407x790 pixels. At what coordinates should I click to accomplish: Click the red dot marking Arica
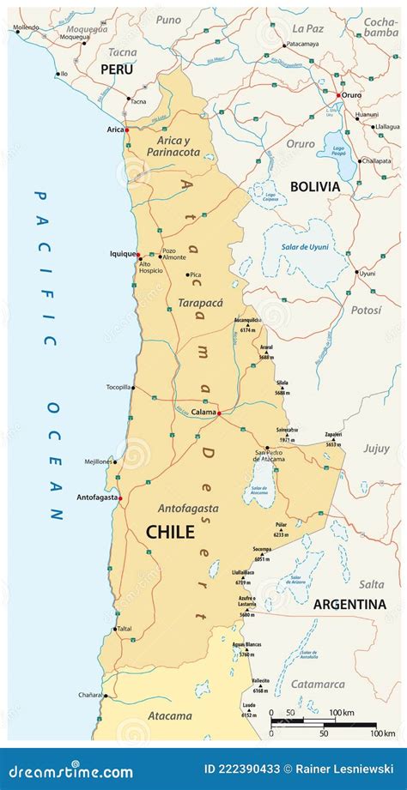pyautogui.click(x=126, y=130)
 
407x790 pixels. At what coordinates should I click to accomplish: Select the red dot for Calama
pyautogui.click(x=220, y=413)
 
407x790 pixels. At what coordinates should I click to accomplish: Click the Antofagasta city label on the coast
pyautogui.click(x=95, y=498)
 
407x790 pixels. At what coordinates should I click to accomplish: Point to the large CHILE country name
pyautogui.click(x=170, y=532)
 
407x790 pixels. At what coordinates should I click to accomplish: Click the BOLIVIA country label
pyautogui.click(x=316, y=186)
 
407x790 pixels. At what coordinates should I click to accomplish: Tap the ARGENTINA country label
pyautogui.click(x=349, y=604)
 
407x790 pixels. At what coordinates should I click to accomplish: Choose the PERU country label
pyautogui.click(x=117, y=69)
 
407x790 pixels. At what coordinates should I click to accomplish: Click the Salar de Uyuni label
pyautogui.click(x=305, y=248)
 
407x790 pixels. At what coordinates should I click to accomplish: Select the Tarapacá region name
pyautogui.click(x=200, y=302)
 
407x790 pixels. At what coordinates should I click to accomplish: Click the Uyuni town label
pyautogui.click(x=368, y=274)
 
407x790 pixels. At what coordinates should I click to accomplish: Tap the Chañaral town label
pyautogui.click(x=90, y=696)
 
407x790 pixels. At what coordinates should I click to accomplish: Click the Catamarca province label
pyautogui.click(x=317, y=684)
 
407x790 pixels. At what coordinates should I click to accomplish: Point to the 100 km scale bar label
pyautogui.click(x=342, y=713)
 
